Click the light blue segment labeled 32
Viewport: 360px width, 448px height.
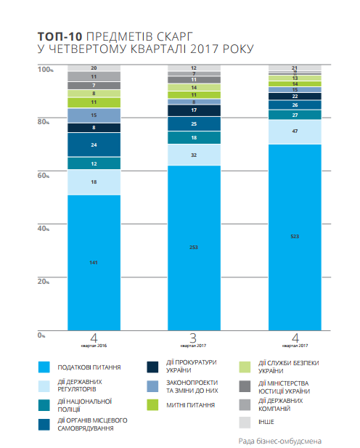click(x=194, y=155)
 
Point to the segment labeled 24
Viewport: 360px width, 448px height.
click(x=94, y=145)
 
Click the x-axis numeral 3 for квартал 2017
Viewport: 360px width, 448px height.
click(x=194, y=338)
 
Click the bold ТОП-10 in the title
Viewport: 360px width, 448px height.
click(x=60, y=36)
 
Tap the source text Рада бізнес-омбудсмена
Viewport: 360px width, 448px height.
click(x=279, y=440)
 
